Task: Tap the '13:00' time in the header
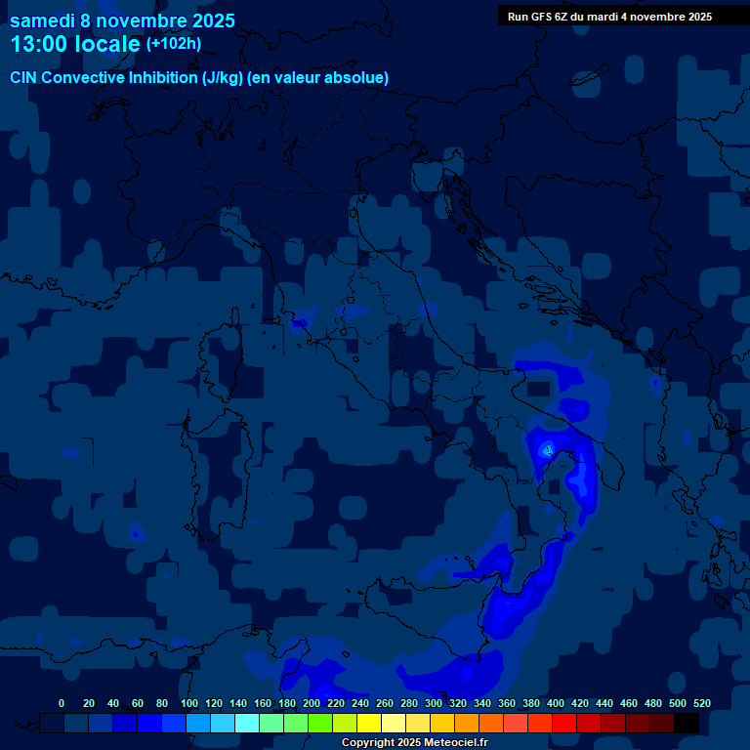tap(38, 44)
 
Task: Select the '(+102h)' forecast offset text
tap(174, 43)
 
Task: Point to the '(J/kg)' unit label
tap(224, 77)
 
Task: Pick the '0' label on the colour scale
tap(62, 703)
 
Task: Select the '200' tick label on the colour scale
tap(312, 703)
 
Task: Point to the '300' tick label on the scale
tap(434, 703)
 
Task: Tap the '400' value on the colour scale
tap(556, 703)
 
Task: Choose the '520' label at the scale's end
tap(702, 703)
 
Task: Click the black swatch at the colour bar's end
tap(687, 723)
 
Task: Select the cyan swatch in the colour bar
tap(247, 723)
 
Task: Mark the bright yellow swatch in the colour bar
tap(369, 723)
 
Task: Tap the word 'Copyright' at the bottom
tap(369, 743)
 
